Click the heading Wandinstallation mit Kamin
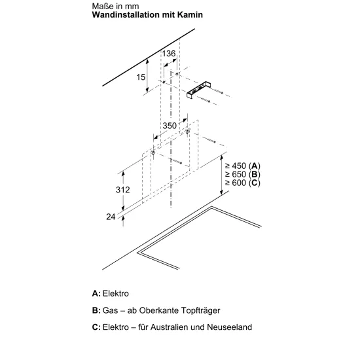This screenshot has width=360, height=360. coord(147,14)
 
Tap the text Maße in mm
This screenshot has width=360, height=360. coord(115,6)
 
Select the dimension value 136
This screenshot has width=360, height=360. coord(169,54)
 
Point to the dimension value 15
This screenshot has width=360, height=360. coord(141,77)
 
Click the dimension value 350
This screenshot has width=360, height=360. coord(170,126)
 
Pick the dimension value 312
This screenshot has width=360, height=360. coord(123,190)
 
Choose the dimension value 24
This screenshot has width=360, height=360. coord(111,217)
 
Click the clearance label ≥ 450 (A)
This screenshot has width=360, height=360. coord(243,166)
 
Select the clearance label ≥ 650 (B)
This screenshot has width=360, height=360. coord(243,174)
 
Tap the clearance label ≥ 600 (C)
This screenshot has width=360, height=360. coord(243,183)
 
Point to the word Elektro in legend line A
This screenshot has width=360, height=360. coord(116,293)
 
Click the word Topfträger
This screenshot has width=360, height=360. coord(200,310)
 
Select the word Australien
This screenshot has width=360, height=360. coord(170,327)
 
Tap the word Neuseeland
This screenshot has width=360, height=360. coord(229,327)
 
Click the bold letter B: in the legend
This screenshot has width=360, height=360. coord(96,310)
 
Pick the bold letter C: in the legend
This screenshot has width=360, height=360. coord(96,327)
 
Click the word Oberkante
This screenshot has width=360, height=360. coord(159,310)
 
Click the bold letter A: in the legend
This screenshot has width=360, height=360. coord(96,293)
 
